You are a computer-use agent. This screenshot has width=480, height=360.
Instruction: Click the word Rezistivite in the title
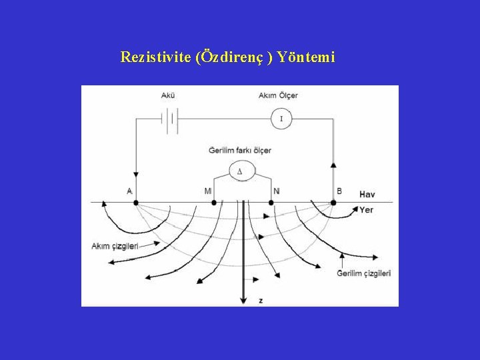pos(156,57)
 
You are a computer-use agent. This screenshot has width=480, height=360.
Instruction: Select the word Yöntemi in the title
pos(306,57)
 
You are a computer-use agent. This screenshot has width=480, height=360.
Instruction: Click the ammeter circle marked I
pos(281,119)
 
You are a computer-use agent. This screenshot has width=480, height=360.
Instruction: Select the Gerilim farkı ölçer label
pos(240,151)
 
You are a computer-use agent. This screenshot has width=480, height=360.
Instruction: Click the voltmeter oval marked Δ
pos(240,171)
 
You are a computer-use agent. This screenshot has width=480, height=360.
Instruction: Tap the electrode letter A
pos(129,191)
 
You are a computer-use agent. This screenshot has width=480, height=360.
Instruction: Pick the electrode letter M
pos(208,191)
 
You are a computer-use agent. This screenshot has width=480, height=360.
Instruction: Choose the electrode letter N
pos(277,191)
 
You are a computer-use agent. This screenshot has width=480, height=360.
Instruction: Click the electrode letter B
pos(339,191)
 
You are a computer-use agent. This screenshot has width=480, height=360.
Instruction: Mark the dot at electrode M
pos(214,202)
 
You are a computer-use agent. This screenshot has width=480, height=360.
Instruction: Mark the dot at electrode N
pos(273,202)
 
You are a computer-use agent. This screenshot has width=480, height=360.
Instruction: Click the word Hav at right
pos(367,195)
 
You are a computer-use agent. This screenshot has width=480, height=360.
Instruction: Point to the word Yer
pos(366,210)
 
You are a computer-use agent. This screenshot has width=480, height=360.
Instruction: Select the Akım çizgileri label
pos(115,247)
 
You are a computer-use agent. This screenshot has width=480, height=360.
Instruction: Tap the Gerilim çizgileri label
pos(363,273)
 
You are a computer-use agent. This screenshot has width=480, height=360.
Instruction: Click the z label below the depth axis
pos(261,301)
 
